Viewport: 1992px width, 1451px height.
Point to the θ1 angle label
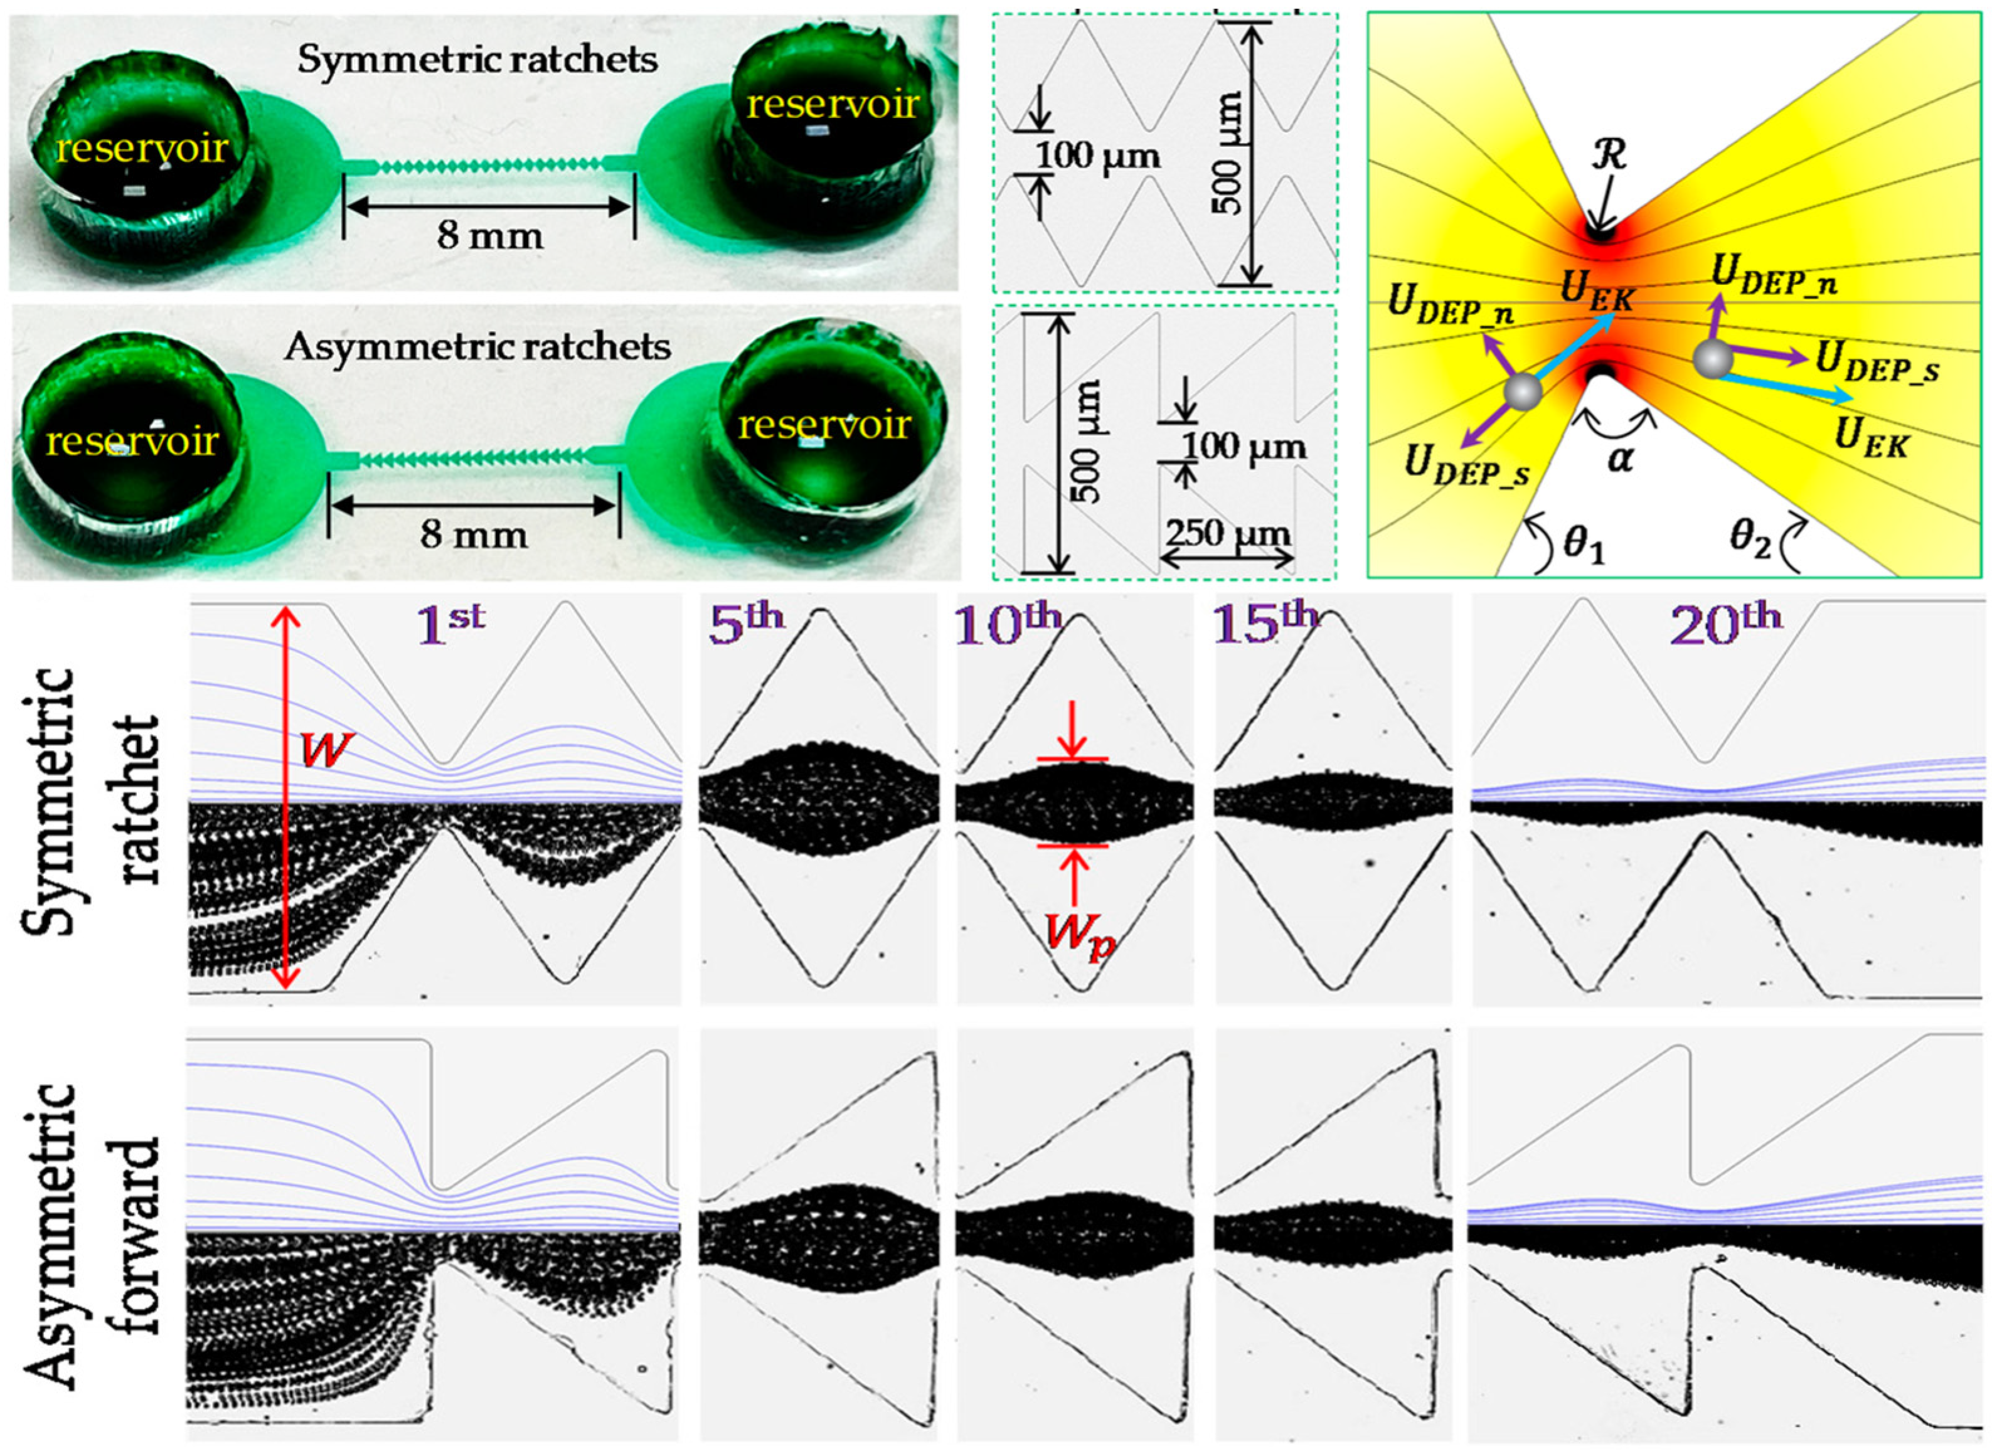pos(1581,546)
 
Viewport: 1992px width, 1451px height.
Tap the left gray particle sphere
pos(1522,391)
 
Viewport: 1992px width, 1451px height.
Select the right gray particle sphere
pos(1712,359)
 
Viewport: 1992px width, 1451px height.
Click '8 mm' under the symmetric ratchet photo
pos(490,235)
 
